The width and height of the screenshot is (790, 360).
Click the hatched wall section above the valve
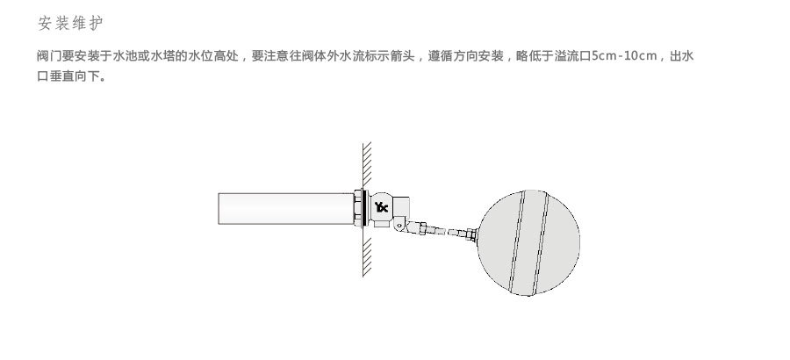click(367, 163)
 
